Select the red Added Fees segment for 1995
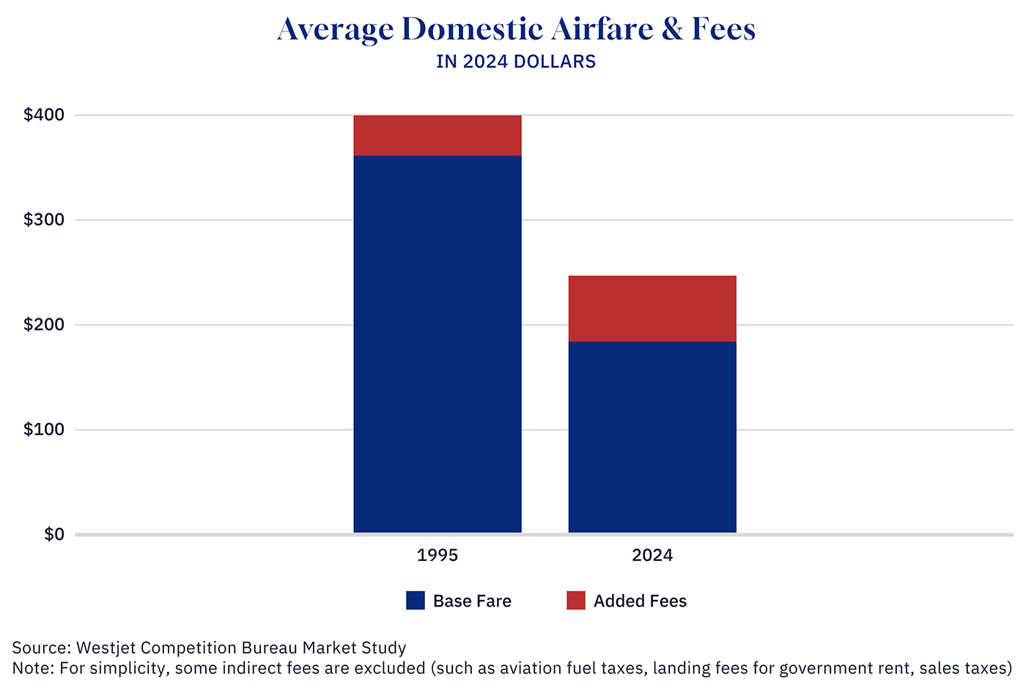[x=438, y=135]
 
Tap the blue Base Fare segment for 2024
[x=652, y=436]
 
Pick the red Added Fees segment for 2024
[x=652, y=308]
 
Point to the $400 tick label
[x=44, y=115]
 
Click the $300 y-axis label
[x=44, y=220]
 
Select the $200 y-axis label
[x=44, y=325]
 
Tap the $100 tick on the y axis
[x=44, y=430]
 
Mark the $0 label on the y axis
[x=54, y=535]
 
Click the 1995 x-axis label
[x=438, y=555]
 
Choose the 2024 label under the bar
[x=652, y=555]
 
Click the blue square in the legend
[x=416, y=601]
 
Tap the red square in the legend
[x=576, y=601]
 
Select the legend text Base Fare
[x=472, y=601]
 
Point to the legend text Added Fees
[x=640, y=601]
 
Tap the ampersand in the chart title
[x=672, y=29]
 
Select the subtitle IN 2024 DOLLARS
[x=516, y=62]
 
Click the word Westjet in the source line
[x=106, y=648]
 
